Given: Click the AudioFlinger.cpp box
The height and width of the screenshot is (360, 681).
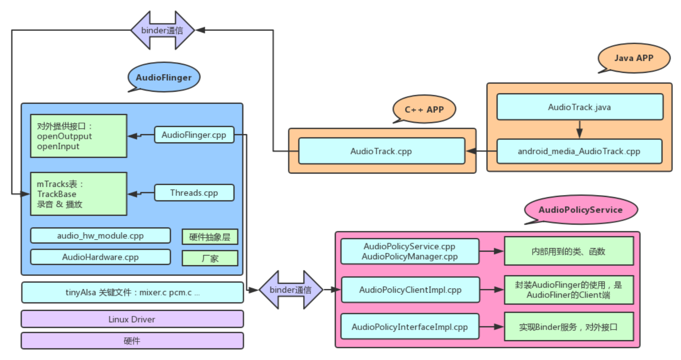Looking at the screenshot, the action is coord(194,135).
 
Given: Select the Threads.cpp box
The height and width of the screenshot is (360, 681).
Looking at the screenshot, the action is coord(194,192).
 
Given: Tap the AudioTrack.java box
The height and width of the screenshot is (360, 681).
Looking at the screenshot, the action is coord(580,107).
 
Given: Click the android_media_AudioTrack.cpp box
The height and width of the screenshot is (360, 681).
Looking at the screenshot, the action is coord(579,151).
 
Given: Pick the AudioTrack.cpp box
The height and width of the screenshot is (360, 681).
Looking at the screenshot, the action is coord(382,151).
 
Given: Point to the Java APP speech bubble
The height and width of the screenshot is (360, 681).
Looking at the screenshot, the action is coord(634,58).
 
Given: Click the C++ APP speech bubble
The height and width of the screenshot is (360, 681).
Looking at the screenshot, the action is coord(424,109).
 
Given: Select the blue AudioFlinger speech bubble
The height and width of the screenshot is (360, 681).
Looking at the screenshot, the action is coord(164,77).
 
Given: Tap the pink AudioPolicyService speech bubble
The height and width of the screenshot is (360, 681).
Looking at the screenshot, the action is coord(581,210).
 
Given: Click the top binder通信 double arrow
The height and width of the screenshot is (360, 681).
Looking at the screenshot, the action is coord(162,30).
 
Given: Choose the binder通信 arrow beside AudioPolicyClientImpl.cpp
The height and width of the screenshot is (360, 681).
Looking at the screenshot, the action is coord(291,290).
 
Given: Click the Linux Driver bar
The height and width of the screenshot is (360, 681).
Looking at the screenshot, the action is coord(132,319).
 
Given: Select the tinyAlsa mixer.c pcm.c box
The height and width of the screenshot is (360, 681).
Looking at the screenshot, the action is coord(132,292).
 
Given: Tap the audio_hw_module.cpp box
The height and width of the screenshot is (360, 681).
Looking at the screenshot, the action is coord(100,236).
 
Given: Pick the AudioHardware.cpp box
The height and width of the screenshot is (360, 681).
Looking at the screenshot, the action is coord(100,257).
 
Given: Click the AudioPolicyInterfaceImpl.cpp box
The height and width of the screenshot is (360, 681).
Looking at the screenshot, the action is coord(410,327).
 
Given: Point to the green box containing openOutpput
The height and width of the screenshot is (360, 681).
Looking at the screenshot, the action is coord(79,136).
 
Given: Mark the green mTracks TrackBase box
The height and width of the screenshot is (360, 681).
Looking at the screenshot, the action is coord(79,194).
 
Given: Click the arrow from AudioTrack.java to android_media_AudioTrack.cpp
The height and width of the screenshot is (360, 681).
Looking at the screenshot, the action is coord(579,129).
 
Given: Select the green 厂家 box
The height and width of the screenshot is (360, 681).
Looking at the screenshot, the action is coord(210,258).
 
